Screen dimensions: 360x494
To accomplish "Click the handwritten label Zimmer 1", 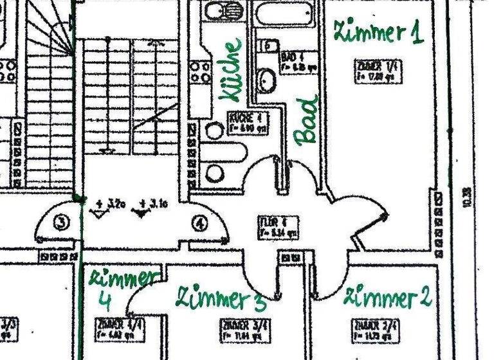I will [378, 32].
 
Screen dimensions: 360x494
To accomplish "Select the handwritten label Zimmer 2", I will [388, 298].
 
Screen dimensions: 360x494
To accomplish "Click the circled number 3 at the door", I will [61, 224].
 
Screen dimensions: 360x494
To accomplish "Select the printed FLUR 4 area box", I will [278, 226].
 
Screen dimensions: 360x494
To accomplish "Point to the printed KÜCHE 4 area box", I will [246, 123].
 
